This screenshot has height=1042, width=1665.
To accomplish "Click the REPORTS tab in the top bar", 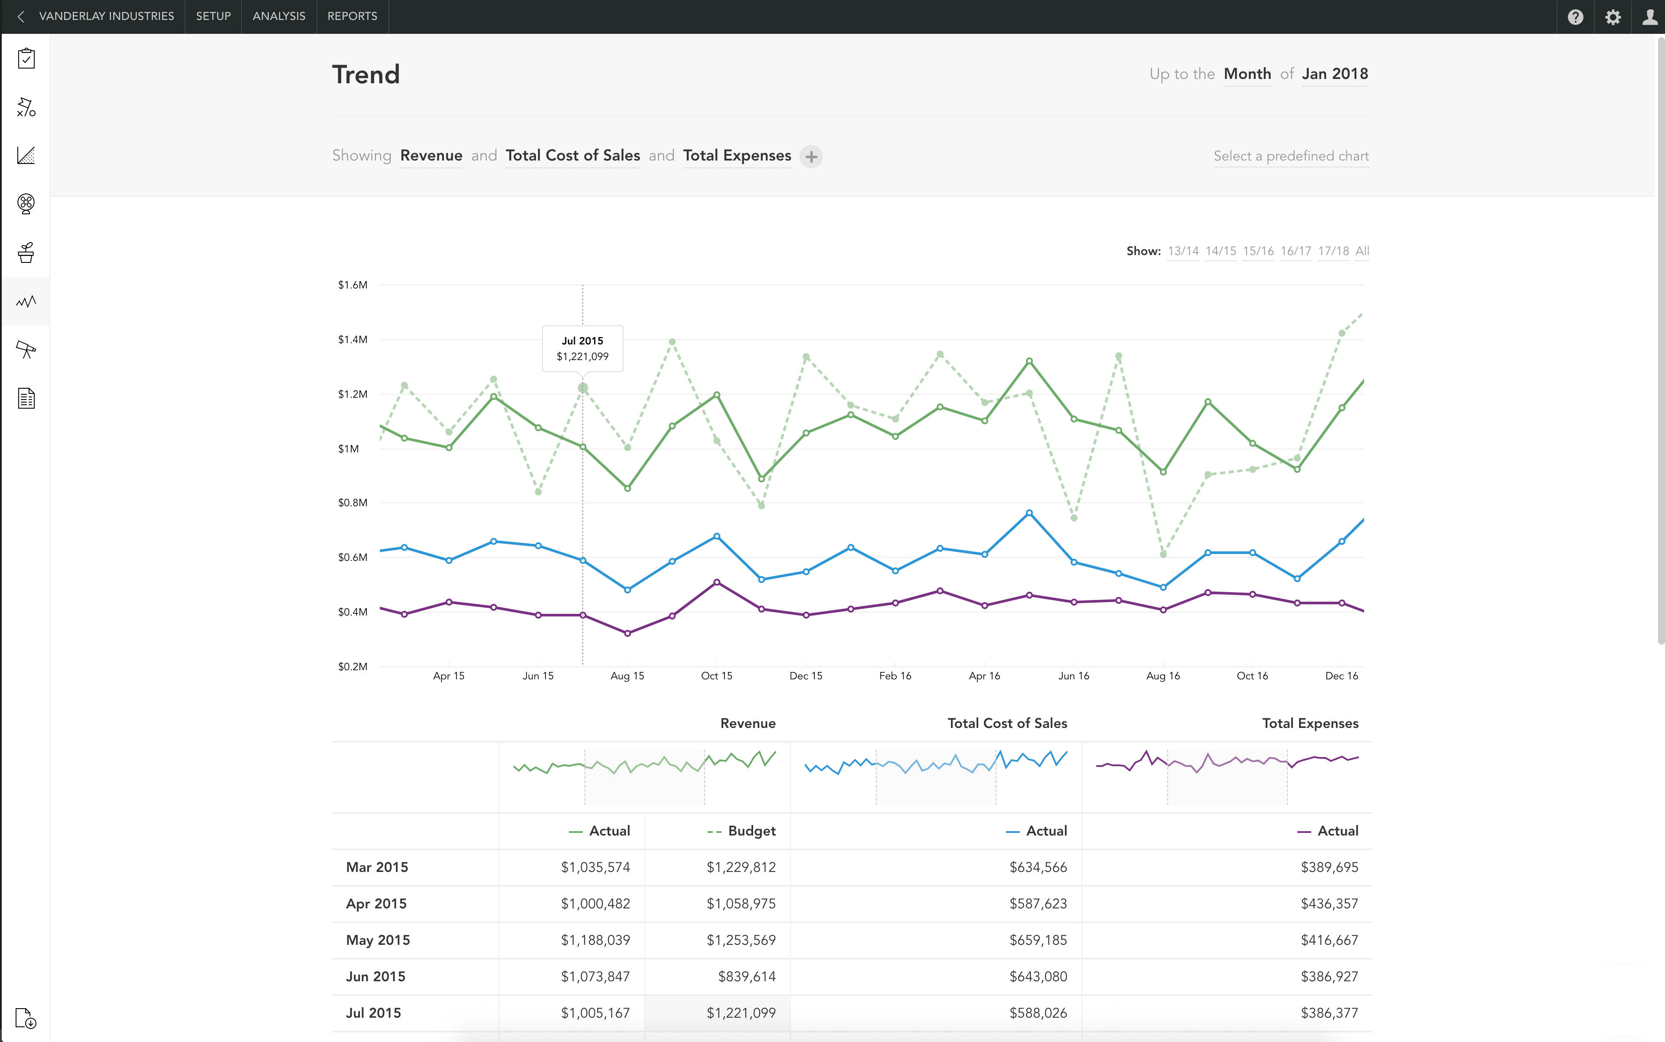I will click(352, 16).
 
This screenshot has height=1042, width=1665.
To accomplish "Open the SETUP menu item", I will click(213, 16).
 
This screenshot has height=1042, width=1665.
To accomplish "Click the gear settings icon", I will click(1613, 16).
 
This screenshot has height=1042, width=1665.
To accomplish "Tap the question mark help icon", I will click(1575, 16).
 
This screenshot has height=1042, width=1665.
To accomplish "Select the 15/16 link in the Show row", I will click(1258, 251).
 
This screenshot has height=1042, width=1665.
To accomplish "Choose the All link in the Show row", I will click(1362, 251).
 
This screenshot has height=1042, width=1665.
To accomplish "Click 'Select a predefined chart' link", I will click(1290, 156).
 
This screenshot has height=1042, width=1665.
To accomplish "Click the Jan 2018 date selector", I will click(1334, 74).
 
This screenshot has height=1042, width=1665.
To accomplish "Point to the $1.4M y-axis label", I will click(352, 339).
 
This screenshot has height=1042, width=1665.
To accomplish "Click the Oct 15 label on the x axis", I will click(716, 675).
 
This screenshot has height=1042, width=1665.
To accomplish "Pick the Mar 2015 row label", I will click(377, 867).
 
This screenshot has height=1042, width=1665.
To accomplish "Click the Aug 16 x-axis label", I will click(1163, 675).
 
